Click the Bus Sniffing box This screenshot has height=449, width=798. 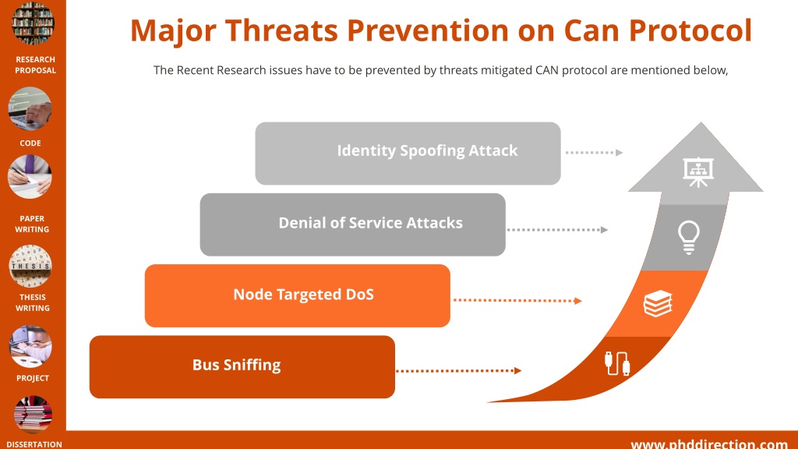pyautogui.click(x=242, y=366)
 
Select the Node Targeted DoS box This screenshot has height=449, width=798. pyautogui.click(x=297, y=295)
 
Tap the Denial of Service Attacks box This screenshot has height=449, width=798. pyautogui.click(x=353, y=224)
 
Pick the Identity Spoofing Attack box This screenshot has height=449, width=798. pyautogui.click(x=408, y=154)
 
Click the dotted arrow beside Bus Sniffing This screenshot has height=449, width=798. pyautogui.click(x=458, y=370)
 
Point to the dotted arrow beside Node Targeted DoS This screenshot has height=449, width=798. pyautogui.click(x=517, y=300)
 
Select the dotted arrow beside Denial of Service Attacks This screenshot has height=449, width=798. pyautogui.click(x=557, y=230)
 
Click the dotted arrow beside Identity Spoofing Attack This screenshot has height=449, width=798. pyautogui.click(x=594, y=152)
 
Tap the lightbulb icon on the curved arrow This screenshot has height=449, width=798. pyautogui.click(x=689, y=237)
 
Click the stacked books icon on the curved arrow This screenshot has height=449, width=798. pyautogui.click(x=658, y=303)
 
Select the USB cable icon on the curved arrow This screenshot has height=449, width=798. pyautogui.click(x=617, y=363)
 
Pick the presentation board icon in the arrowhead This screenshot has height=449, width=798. pyautogui.click(x=698, y=171)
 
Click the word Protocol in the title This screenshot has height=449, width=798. pyautogui.click(x=690, y=30)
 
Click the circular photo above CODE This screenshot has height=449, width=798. pyautogui.click(x=30, y=108)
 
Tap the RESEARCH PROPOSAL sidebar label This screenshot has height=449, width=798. pyautogui.click(x=35, y=65)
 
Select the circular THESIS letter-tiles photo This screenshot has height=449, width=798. pyautogui.click(x=30, y=267)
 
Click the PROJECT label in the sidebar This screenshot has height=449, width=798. pyautogui.click(x=33, y=378)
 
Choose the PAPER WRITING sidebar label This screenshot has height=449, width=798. pyautogui.click(x=32, y=224)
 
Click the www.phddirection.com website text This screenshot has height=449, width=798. pyautogui.click(x=709, y=444)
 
